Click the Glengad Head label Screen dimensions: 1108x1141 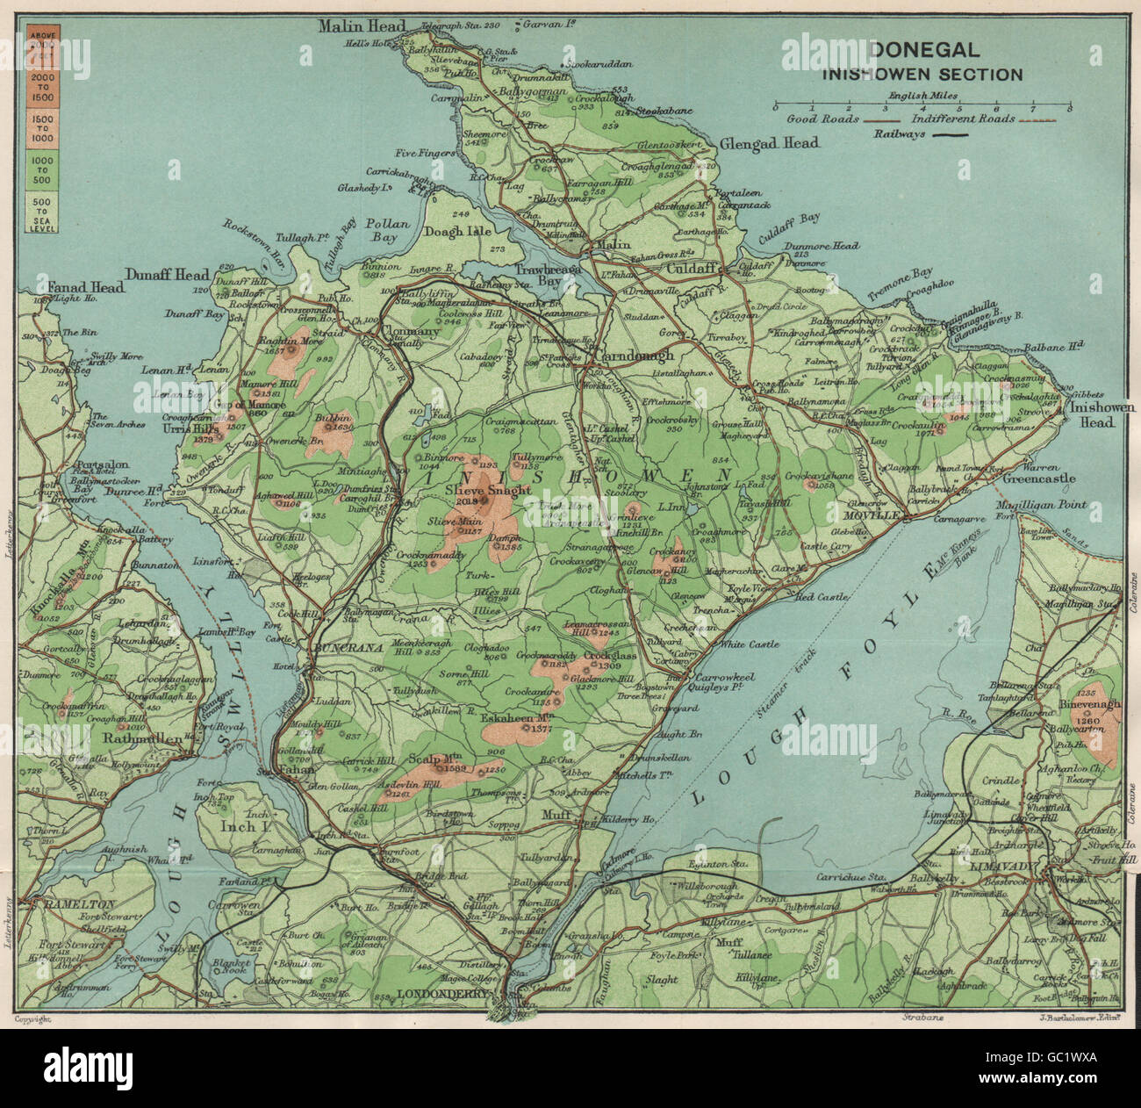tap(769, 143)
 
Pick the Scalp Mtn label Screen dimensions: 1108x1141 tap(435, 759)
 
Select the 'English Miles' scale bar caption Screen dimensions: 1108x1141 tap(921, 95)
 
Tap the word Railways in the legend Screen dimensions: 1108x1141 tap(899, 134)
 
